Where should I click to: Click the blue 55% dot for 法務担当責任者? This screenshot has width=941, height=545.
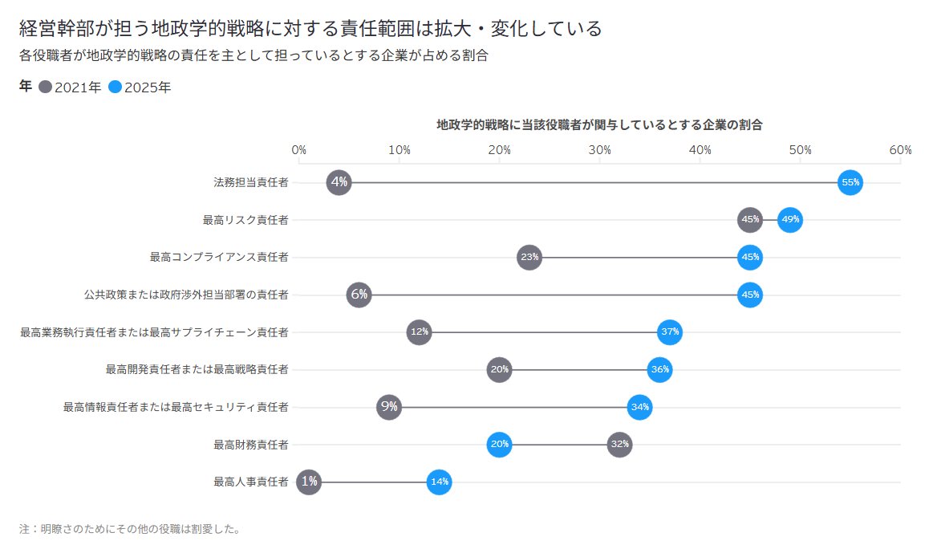coord(850,183)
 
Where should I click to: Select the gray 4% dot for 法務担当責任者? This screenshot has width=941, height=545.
coord(339,183)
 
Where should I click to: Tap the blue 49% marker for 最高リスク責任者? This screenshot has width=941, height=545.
coord(790,220)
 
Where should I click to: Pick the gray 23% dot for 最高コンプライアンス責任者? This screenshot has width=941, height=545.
coord(529,258)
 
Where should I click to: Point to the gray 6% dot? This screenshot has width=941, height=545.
coord(359,295)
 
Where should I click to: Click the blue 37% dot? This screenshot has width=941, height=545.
coord(670,332)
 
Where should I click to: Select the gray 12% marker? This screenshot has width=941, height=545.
coord(419,332)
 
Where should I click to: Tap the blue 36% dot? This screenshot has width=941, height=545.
coord(659,369)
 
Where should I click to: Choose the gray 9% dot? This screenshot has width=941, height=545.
coord(389,407)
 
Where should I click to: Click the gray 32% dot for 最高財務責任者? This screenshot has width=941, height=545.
coord(619,444)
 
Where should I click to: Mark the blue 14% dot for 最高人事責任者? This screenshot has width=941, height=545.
coord(439,482)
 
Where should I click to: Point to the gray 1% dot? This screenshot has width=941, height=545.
coord(309,482)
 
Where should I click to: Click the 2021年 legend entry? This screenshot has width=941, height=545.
coord(70,87)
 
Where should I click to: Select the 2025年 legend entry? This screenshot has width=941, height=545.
coord(140,87)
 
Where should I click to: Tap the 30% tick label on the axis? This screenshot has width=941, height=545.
coord(599,150)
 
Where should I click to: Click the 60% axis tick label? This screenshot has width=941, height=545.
coord(900,150)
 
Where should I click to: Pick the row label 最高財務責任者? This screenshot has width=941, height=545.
coord(250,445)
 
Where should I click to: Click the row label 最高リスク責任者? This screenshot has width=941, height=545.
coord(245,220)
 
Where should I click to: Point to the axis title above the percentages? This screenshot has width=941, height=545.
coord(598,125)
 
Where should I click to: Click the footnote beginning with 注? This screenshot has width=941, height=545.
coord(130,529)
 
